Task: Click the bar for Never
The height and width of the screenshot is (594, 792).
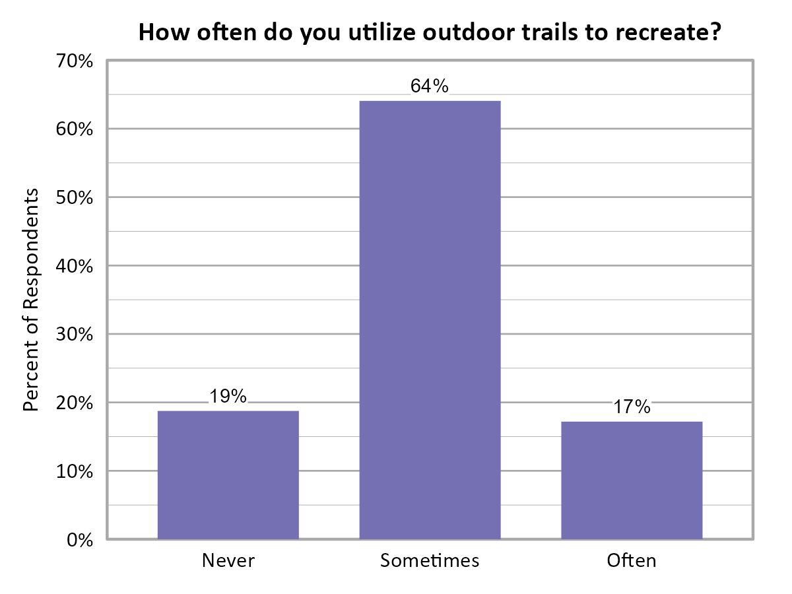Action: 228,475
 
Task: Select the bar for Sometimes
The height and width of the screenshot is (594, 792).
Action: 430,319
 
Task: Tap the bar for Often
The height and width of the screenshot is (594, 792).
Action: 632,480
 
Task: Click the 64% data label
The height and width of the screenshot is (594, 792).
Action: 430,86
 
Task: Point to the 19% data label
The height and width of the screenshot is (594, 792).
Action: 228,396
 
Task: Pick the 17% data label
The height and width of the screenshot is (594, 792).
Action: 632,407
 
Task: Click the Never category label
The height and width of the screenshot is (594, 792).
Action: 228,561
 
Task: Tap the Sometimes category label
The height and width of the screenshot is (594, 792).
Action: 430,561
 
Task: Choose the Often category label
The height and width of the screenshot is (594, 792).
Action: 632,561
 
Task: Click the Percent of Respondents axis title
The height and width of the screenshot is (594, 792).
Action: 30,300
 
